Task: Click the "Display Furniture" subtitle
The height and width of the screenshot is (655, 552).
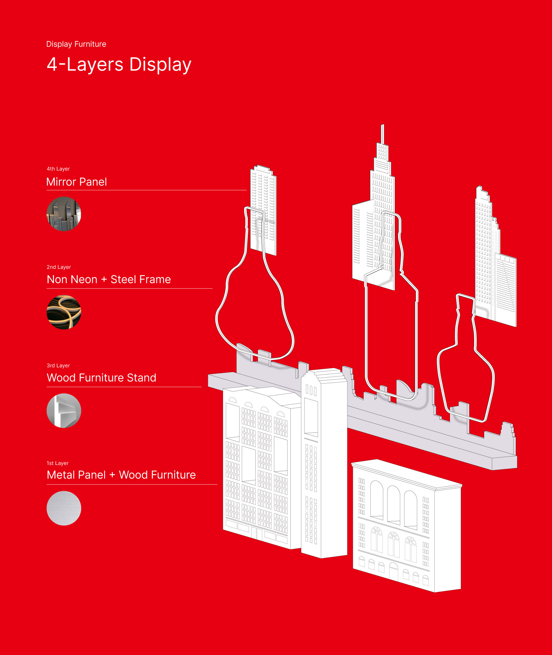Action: pos(76,44)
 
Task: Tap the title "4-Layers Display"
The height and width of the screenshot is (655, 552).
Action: pos(119,64)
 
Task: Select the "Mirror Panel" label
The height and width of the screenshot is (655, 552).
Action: pos(77,182)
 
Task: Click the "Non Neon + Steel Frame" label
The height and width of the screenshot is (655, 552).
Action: pos(109,279)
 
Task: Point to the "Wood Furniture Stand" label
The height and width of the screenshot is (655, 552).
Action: pos(101,378)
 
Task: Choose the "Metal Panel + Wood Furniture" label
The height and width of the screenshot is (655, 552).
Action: pos(121,475)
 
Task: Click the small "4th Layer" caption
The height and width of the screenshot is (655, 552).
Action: pos(58,169)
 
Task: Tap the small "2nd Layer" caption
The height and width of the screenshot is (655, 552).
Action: pos(59,267)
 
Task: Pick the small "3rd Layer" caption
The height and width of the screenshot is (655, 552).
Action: pos(58,365)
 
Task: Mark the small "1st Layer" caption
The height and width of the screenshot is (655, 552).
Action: pos(57,463)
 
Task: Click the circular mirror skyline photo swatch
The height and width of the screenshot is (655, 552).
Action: pos(64,214)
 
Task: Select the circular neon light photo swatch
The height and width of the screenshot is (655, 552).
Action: pos(64,312)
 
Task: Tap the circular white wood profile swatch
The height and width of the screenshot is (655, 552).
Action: pos(64,411)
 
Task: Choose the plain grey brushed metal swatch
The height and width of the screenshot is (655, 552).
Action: pos(64,508)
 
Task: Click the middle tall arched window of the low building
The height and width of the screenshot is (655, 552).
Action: pos(393,504)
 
